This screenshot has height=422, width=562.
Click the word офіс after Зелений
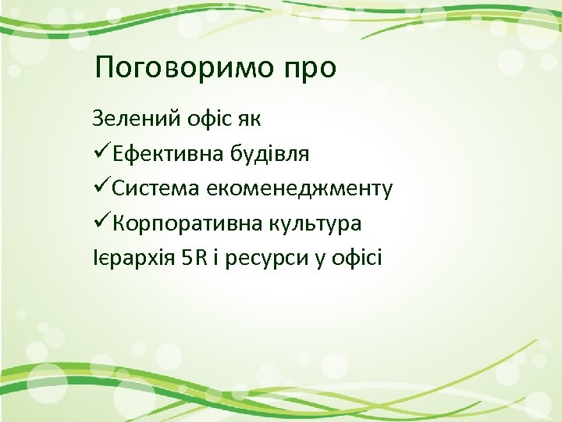(x=205, y=119)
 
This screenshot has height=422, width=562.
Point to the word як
(x=251, y=120)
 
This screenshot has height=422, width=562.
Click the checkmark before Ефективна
(x=101, y=153)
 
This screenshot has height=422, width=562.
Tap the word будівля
(x=269, y=154)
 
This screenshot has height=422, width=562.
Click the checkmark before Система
(x=101, y=188)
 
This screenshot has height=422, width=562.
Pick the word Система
(x=156, y=188)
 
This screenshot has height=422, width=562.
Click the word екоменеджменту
(x=301, y=189)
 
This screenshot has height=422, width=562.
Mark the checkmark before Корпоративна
(x=101, y=223)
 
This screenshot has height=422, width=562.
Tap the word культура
(x=316, y=224)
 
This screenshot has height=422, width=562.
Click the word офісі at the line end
(x=357, y=258)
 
